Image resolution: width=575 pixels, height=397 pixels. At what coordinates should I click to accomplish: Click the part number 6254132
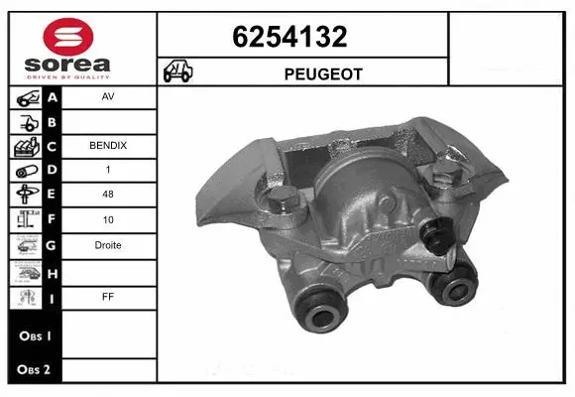coord(288,38)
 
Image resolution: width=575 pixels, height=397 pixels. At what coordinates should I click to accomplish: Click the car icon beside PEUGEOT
coord(179,72)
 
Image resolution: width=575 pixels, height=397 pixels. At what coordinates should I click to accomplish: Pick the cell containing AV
coord(108,98)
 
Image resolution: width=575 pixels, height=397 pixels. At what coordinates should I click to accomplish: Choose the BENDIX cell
coord(108,146)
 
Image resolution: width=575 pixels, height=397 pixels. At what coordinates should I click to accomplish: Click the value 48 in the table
coord(108,196)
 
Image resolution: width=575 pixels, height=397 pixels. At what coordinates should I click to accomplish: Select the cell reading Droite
coord(108,245)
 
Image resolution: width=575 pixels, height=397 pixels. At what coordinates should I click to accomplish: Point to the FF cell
coord(108,295)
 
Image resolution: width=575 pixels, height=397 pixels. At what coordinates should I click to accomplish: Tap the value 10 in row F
coord(108,220)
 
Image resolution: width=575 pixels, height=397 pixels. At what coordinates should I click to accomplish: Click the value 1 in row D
coord(108,171)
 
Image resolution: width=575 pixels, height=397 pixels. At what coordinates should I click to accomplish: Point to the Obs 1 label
coord(33,335)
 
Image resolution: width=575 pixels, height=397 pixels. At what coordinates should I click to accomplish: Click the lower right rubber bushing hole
coord(457,291)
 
